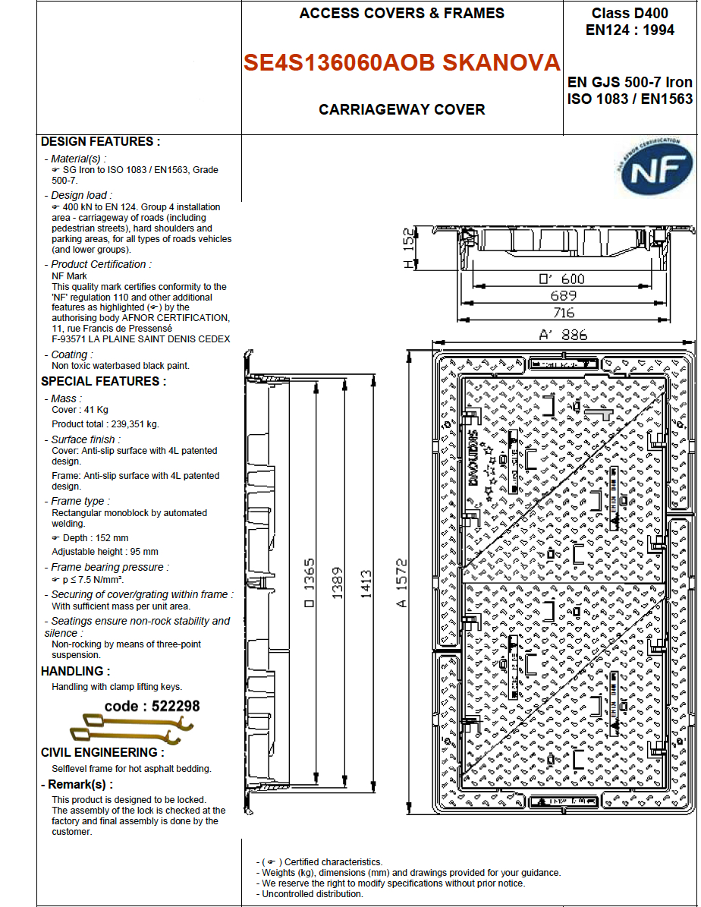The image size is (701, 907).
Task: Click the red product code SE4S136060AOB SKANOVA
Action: (x=402, y=63)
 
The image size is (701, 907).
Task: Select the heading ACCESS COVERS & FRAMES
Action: (x=402, y=14)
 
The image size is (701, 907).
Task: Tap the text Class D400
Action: (x=630, y=14)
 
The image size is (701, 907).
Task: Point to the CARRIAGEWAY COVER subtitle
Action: (x=402, y=109)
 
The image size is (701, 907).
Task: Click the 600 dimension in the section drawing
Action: (x=562, y=279)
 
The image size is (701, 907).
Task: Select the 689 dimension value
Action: (x=564, y=296)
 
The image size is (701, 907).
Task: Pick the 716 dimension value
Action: (x=564, y=313)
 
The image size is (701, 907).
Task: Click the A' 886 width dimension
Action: (x=563, y=335)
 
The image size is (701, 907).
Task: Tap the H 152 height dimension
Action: (x=410, y=248)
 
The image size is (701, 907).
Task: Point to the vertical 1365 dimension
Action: (x=310, y=584)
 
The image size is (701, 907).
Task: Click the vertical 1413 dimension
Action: (x=366, y=584)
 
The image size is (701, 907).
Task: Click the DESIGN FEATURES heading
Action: (x=100, y=142)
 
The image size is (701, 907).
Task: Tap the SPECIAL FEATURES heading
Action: (x=103, y=382)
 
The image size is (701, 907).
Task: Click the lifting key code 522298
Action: (x=152, y=707)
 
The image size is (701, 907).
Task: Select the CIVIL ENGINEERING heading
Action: (x=102, y=753)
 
